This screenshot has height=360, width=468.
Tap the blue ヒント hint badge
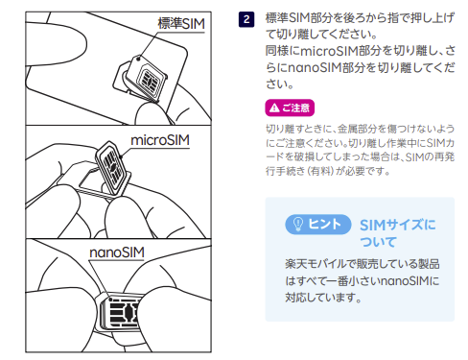316,223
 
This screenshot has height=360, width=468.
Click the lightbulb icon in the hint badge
296,223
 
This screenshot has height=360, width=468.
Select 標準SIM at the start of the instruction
285,16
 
